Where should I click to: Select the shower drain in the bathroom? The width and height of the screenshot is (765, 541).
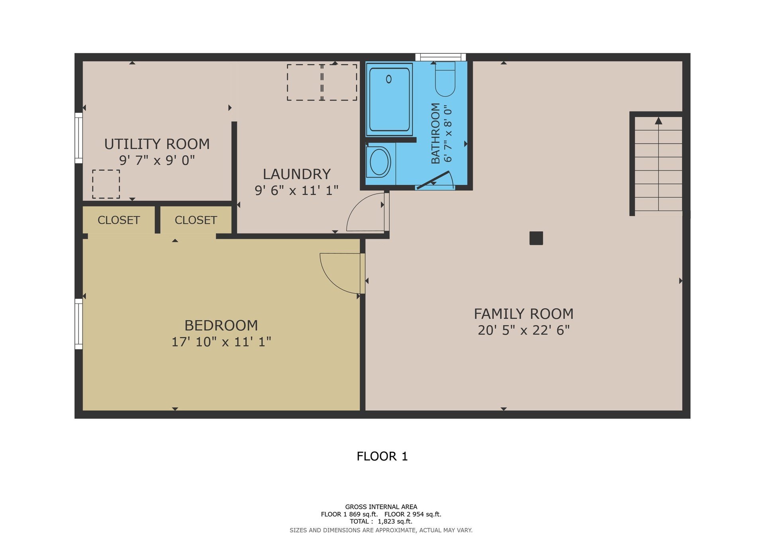tap(389, 79)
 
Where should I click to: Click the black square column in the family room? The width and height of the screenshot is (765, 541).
tap(536, 238)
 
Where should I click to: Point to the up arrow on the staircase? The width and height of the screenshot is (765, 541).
tap(659, 121)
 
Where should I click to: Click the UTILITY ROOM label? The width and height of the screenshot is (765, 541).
tap(157, 144)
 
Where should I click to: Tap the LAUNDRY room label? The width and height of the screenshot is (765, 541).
tap(297, 174)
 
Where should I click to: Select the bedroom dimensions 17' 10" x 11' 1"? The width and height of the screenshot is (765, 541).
tap(221, 342)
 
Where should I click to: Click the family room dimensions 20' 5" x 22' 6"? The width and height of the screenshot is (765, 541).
tap(524, 330)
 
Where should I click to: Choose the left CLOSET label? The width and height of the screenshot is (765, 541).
tap(119, 220)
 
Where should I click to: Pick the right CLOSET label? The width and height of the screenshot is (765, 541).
tap(196, 220)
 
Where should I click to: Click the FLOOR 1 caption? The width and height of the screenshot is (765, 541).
tap(382, 456)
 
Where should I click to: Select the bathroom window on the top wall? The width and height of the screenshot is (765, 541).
tap(440, 57)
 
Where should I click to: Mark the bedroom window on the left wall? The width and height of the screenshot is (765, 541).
tap(79, 324)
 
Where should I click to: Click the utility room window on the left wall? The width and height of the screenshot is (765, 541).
tap(79, 138)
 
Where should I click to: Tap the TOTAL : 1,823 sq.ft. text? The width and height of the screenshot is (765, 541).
tap(381, 521)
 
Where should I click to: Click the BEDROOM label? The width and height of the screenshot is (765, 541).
tap(221, 325)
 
